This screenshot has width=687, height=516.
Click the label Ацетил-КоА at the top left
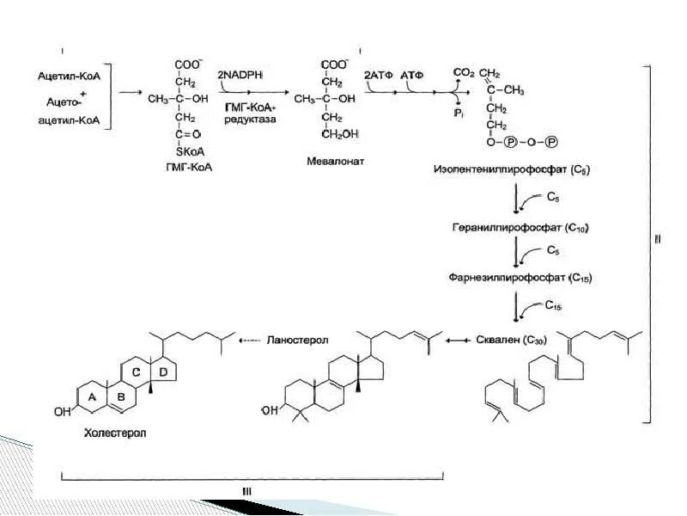tap(69, 77)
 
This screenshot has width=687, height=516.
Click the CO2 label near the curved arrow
tap(465, 74)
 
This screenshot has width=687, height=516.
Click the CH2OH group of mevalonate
tap(341, 135)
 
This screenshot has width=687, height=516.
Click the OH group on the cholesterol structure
tap(62, 412)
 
